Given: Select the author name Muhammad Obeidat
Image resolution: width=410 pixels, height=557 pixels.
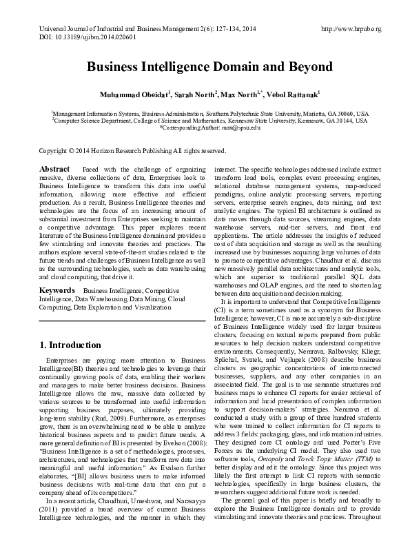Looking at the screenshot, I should (x=132, y=94).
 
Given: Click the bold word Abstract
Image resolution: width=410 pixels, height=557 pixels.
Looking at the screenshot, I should (x=54, y=169).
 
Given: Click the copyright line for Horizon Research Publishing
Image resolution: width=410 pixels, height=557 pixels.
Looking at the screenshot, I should (x=132, y=151).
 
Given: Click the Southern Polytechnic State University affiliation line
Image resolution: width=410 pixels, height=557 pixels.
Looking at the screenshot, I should (x=209, y=112).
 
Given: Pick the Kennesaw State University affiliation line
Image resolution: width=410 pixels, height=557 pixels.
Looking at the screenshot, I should (x=209, y=120).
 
